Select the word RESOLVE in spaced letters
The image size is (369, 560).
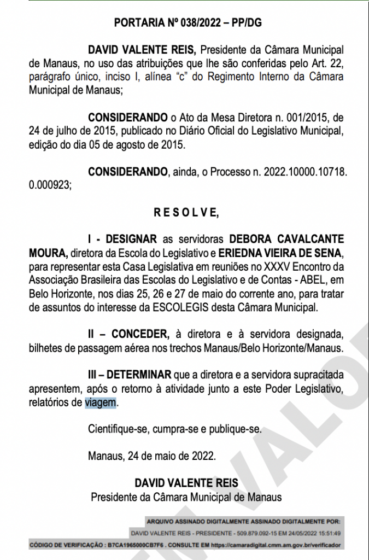(x=186, y=213)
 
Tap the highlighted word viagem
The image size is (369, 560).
(x=101, y=403)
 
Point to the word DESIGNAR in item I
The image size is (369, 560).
(x=131, y=239)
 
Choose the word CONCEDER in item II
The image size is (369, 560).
(x=140, y=334)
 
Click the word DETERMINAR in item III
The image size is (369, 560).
(x=138, y=375)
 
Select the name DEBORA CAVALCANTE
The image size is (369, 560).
(x=286, y=239)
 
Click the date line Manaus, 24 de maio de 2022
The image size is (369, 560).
(x=152, y=455)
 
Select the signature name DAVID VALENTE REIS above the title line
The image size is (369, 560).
(x=186, y=483)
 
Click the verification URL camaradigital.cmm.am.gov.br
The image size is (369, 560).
(x=277, y=545)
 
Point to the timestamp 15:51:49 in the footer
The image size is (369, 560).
(x=326, y=533)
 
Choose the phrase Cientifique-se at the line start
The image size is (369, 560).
(x=115, y=429)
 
